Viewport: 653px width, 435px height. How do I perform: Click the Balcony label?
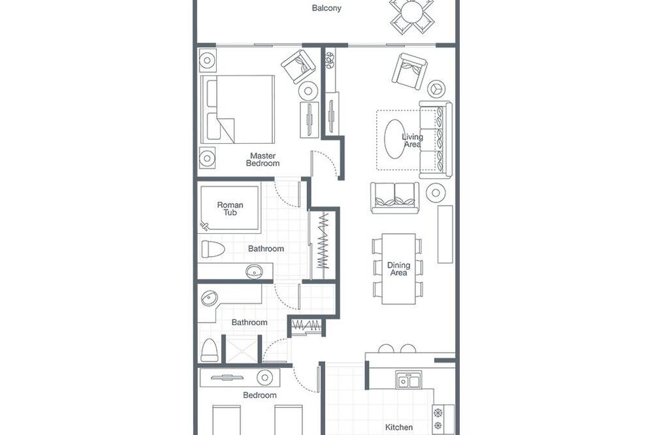(326, 8)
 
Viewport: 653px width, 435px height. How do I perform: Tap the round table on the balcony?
(411, 13)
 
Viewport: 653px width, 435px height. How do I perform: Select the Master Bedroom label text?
(263, 159)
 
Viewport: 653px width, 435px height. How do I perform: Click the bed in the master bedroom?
(238, 109)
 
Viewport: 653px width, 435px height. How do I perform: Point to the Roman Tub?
(230, 208)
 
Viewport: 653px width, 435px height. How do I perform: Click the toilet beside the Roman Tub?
(213, 249)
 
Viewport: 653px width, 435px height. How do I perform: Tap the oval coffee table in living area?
(394, 139)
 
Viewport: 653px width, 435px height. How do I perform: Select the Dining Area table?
(398, 268)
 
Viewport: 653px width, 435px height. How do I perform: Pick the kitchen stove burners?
(438, 419)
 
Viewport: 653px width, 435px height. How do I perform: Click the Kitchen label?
(399, 427)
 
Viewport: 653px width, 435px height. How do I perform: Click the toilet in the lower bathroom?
(210, 350)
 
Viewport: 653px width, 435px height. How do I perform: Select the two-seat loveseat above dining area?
(395, 198)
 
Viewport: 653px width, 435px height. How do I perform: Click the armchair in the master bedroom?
(298, 66)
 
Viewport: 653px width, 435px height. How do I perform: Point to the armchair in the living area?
(410, 71)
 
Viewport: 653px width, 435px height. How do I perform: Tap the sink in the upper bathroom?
(254, 272)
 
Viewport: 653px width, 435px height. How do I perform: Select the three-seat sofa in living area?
(436, 140)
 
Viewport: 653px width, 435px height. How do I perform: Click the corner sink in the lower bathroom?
(209, 298)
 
